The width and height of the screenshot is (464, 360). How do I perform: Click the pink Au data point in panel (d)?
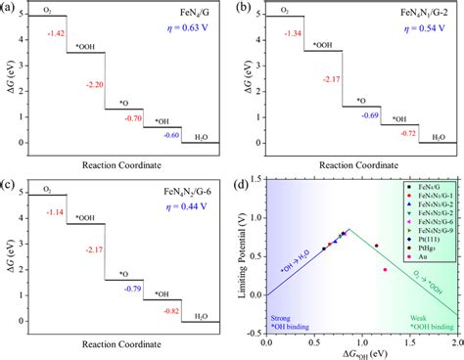385,269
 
